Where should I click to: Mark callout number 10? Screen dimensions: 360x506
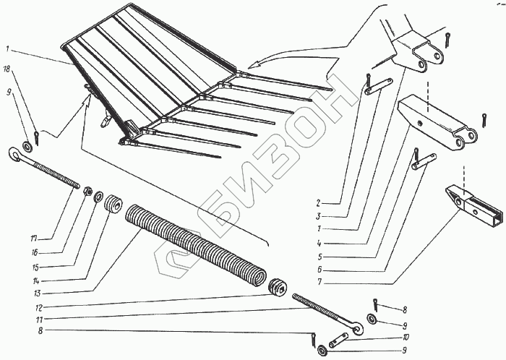[x=407, y=337]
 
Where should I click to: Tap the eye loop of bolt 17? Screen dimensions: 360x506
[x=14, y=153]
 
